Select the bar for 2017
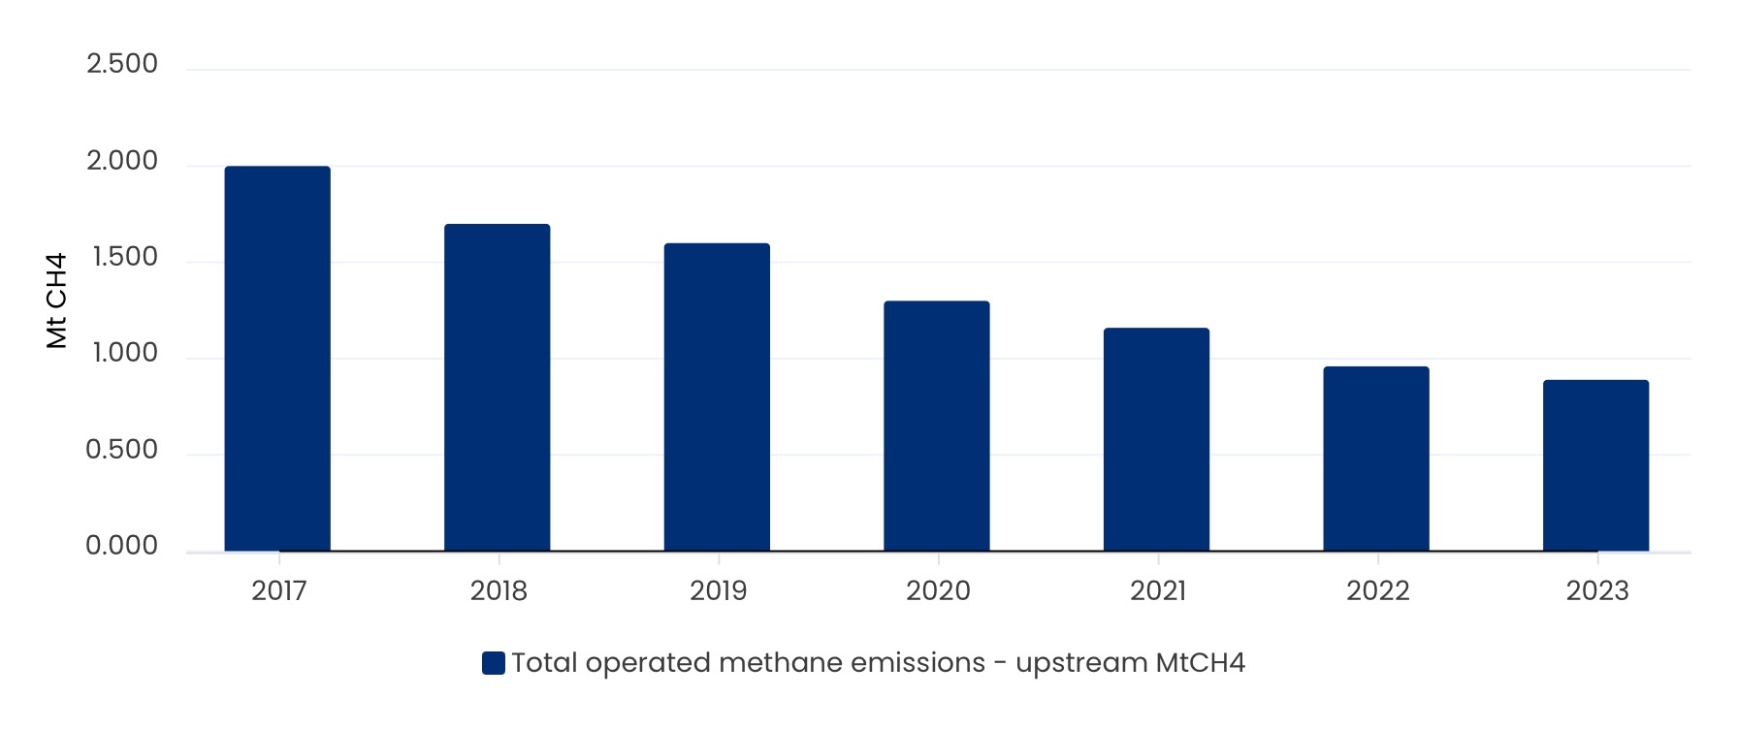pos(277,359)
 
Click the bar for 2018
pos(497,388)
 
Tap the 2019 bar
pos(717,397)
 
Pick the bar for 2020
pos(937,427)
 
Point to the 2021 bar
pos(1156,439)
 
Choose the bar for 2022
pos(1376,459)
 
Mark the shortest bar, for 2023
pos(1595,465)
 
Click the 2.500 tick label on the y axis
pos(122,64)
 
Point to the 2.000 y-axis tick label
pos(122,161)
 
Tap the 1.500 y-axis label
pos(124,257)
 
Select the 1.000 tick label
pos(124,353)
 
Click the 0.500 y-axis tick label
pos(122,450)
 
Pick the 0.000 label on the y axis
pos(122,546)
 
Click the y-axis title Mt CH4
pos(57,301)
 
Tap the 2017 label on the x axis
pos(279,590)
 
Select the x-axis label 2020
pos(938,590)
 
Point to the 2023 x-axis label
pos(1597,590)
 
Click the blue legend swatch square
pos(494,663)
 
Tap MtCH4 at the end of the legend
pos(1201,663)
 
